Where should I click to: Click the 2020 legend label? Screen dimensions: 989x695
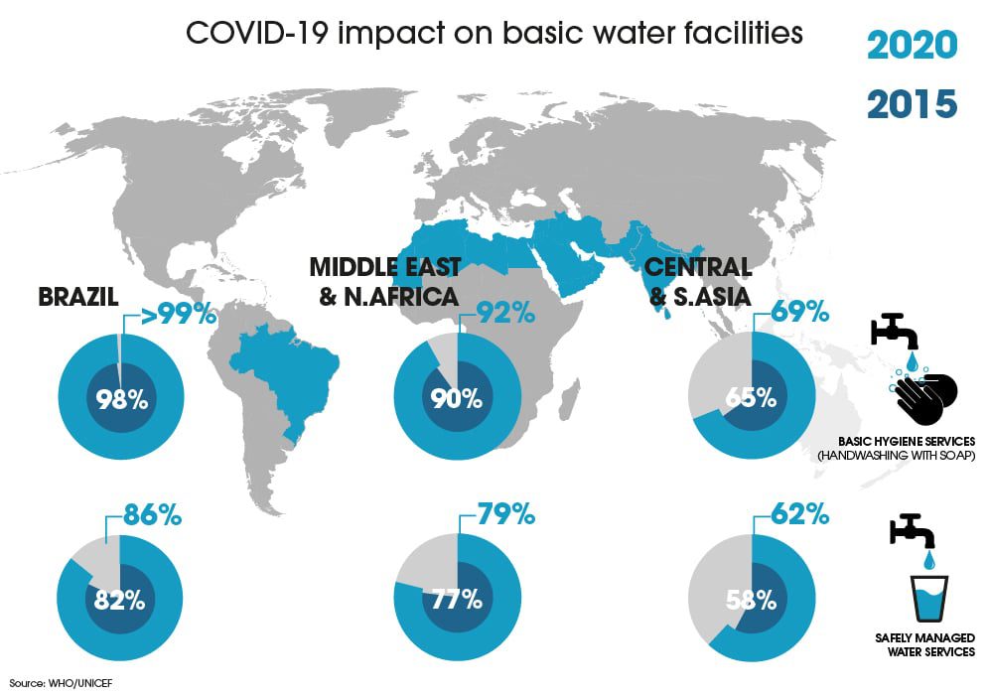click(913, 45)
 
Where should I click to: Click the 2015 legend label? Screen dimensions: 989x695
click(913, 104)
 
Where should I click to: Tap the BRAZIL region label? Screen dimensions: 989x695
click(78, 297)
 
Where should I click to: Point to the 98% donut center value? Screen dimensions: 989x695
click(122, 399)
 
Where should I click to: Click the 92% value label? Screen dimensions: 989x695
click(505, 313)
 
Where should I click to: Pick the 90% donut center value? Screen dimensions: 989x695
click(457, 398)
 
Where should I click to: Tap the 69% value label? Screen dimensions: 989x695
click(799, 312)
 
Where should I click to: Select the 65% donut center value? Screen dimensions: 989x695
click(751, 398)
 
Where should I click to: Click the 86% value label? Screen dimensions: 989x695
click(153, 515)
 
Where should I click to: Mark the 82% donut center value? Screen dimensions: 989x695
click(120, 601)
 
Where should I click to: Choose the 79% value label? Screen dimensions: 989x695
click(506, 514)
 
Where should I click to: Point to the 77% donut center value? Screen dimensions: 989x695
click(457, 600)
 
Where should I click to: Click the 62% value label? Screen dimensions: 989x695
click(799, 514)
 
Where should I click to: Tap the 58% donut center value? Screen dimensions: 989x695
click(751, 601)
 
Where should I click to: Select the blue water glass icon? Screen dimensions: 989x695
click(929, 598)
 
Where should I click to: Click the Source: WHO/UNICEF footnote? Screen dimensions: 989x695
click(62, 683)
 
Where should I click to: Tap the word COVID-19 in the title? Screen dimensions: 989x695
click(257, 33)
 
